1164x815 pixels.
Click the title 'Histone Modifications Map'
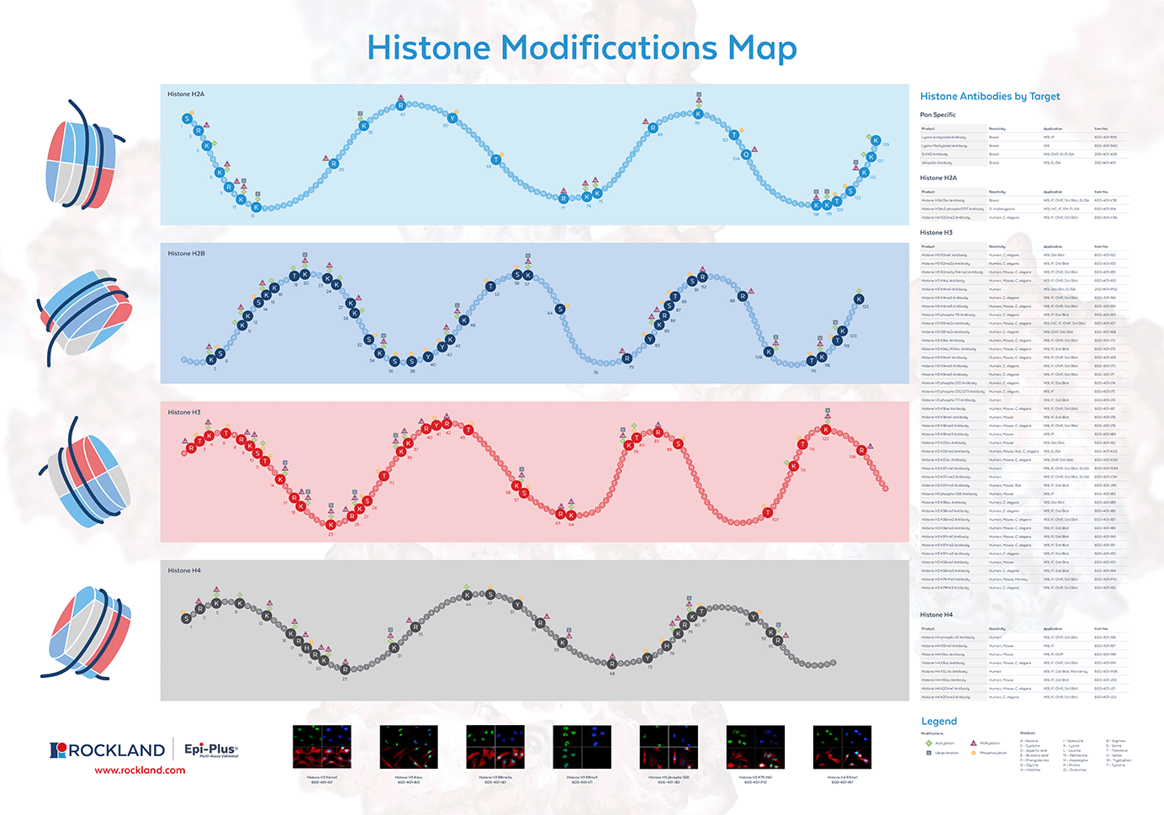[x=581, y=48]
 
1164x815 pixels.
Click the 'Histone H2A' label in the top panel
[x=186, y=94]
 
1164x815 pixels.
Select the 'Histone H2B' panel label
[x=186, y=253]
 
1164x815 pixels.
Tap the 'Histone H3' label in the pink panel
[x=184, y=412]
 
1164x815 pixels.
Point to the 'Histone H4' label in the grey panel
[x=184, y=570]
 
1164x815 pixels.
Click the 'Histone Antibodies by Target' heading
[x=990, y=97]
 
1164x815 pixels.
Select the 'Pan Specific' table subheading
[x=938, y=114]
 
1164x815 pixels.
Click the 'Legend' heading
[x=939, y=722]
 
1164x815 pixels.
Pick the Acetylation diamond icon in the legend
[x=929, y=744]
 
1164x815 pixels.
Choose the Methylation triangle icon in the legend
[x=973, y=744]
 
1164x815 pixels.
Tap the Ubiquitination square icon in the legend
[x=929, y=753]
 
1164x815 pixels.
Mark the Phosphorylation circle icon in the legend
[x=973, y=753]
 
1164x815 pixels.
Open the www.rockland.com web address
[x=140, y=770]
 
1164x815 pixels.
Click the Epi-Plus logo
[x=210, y=749]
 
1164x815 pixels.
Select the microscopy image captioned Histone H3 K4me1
[x=321, y=747]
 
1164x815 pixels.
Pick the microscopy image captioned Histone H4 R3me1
[x=842, y=747]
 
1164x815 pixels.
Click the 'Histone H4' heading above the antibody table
[x=936, y=615]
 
